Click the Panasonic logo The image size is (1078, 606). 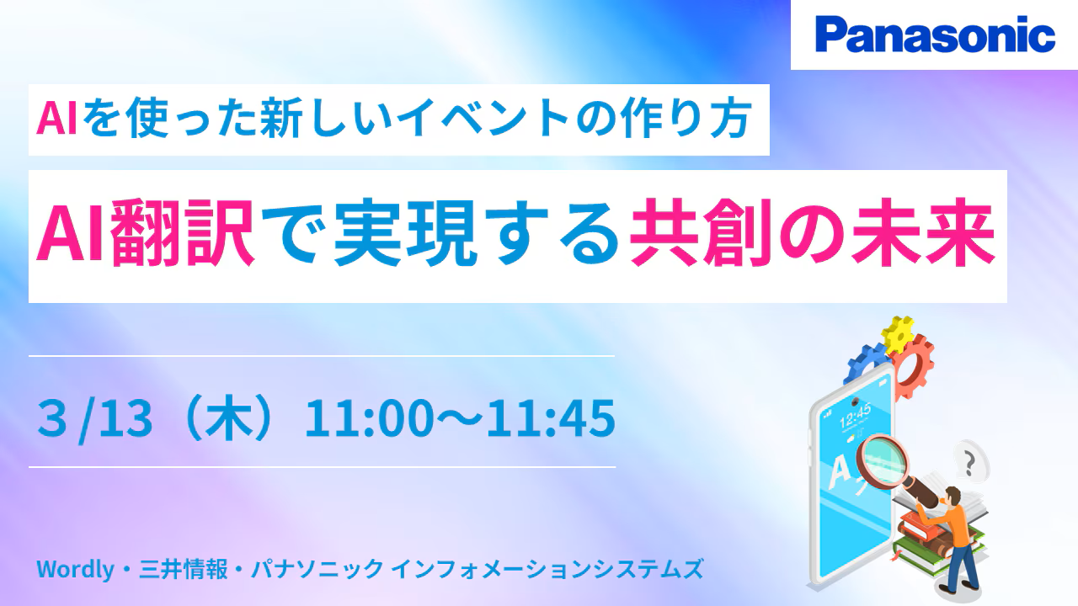tap(935, 35)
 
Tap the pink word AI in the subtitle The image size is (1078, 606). tap(56, 120)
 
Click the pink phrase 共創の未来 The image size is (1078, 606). tap(813, 233)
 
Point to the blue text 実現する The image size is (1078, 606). tap(476, 233)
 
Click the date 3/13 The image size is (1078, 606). tap(95, 419)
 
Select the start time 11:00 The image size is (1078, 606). tap(369, 418)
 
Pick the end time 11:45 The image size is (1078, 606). tap(551, 418)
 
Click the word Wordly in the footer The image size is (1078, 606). tap(76, 570)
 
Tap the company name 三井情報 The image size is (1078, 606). tap(183, 569)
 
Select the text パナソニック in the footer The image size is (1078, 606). tap(318, 569)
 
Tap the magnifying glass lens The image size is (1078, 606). tap(883, 460)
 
